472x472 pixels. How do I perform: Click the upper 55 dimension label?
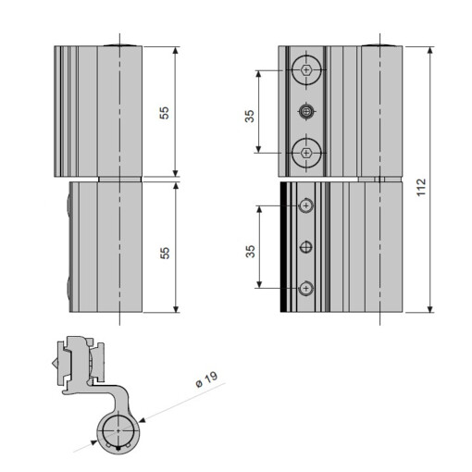[x=165, y=112]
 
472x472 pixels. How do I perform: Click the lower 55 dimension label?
[x=165, y=252]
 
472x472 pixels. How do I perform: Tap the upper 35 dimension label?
[x=249, y=116]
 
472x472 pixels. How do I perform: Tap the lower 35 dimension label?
[x=249, y=252]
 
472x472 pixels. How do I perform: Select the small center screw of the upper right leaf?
[x=306, y=111]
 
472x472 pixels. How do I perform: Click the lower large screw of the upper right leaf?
[x=306, y=152]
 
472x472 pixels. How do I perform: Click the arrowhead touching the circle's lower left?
[x=94, y=445]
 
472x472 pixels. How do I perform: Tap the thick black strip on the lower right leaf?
[x=283, y=247]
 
